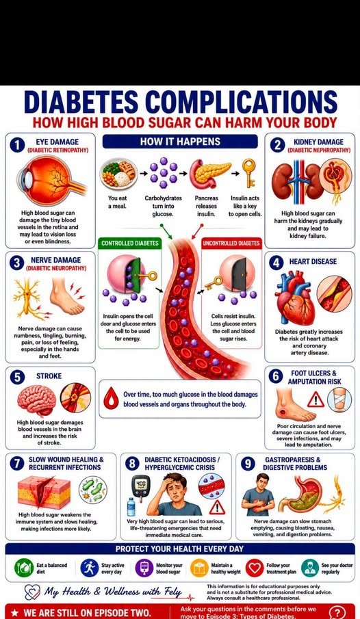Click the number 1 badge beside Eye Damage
point(16,145)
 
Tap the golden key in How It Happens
point(249,173)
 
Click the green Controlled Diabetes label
point(129,243)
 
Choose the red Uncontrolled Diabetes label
point(231,243)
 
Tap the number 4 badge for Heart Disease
point(277,263)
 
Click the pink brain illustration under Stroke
point(37,400)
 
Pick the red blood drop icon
point(111,397)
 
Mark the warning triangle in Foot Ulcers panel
point(316,399)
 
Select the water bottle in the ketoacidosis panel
point(131,507)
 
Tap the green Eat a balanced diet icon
point(23,568)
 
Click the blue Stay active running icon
point(89,568)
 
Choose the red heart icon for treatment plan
point(255,568)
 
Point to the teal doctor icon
point(310,568)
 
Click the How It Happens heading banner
point(180,142)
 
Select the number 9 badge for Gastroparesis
point(248,464)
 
